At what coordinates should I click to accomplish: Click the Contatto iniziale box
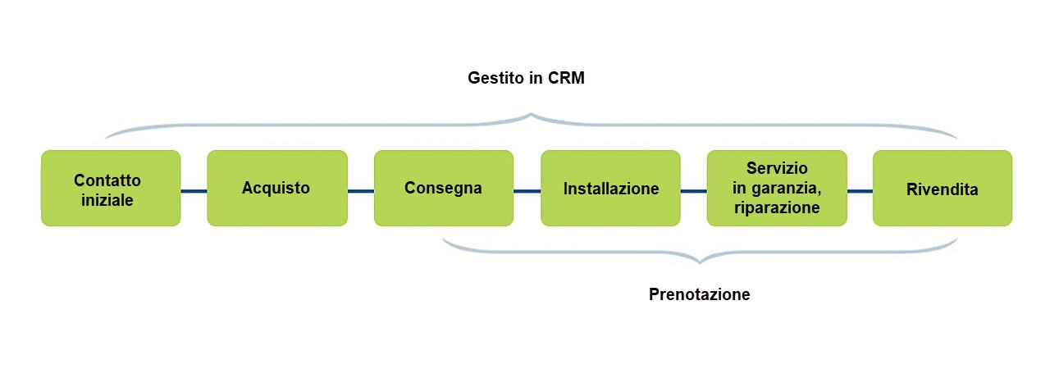[111, 188]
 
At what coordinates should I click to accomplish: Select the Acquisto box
[276, 188]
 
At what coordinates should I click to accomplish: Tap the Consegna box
[443, 188]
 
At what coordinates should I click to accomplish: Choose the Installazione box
[610, 188]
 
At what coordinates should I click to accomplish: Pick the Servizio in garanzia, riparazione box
[776, 188]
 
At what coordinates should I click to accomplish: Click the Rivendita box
[942, 188]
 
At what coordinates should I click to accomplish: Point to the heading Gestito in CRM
[530, 79]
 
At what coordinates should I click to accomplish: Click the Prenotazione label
[699, 294]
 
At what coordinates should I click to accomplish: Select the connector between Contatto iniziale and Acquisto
[194, 192]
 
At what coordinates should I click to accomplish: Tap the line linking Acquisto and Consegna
[360, 192]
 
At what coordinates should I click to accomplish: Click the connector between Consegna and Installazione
[527, 192]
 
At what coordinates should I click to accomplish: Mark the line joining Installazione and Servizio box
[693, 192]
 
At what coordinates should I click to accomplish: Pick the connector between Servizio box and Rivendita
[859, 192]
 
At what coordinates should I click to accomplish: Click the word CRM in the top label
[570, 79]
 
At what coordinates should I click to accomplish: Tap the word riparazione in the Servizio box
[777, 207]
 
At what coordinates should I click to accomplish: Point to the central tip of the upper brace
[532, 116]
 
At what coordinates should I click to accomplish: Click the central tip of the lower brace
[700, 262]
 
